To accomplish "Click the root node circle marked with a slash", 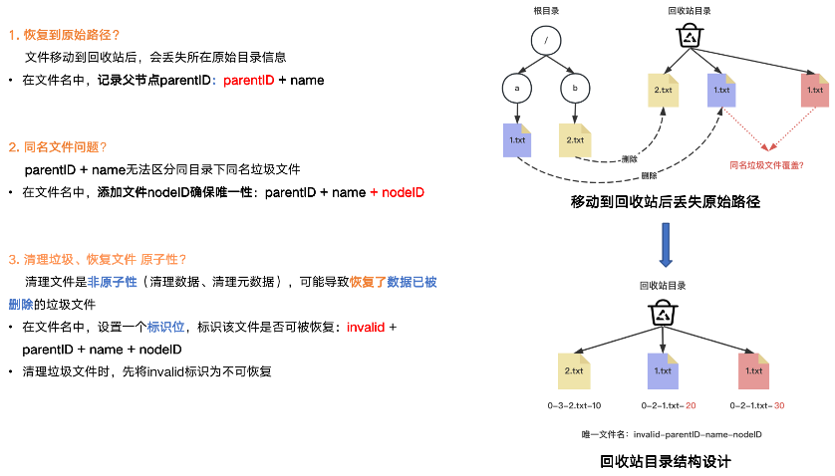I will pos(546,40).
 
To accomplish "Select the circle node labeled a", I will pos(517,89).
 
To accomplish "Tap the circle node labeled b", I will pos(575,89).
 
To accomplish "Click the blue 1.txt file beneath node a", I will pos(518,139).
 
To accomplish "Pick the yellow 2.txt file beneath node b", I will pos(575,139).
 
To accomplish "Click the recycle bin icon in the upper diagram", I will pos(689,37).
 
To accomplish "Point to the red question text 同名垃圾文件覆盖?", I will pos(766,165).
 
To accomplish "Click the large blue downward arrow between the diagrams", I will pos(665,244).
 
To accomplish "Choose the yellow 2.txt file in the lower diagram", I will pos(574,370).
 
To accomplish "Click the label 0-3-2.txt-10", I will pos(574,406).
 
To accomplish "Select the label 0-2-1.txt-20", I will pos(662,406).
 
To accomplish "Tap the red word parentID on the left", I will pos(248,79).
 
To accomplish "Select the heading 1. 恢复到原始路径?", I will pos(65,35).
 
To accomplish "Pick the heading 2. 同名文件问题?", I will pos(58,147).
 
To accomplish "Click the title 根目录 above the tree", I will pos(545,11).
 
